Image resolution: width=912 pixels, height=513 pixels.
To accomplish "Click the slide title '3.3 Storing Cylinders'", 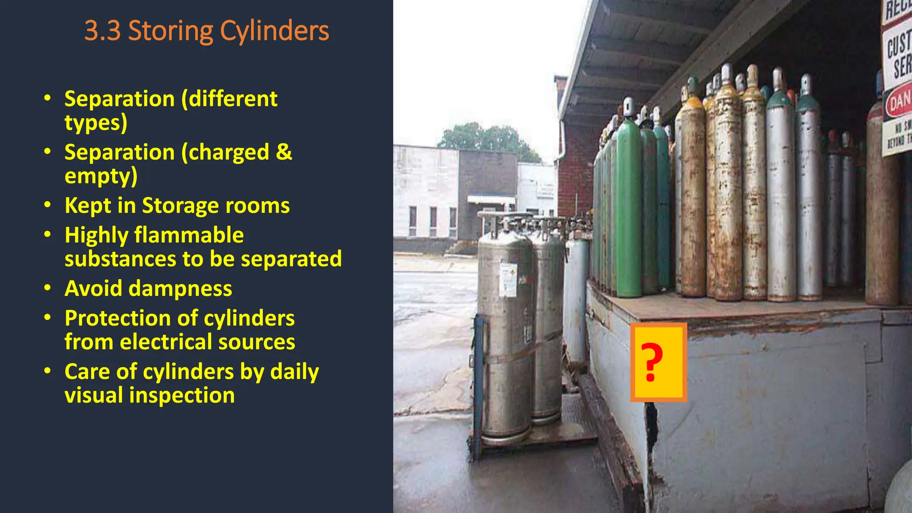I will (x=207, y=31).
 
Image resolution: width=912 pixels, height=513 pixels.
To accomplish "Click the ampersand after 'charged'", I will (x=284, y=152).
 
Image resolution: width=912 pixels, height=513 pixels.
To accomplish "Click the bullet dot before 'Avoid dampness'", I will (x=48, y=288).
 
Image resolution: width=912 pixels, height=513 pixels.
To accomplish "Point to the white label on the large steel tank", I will (x=508, y=280).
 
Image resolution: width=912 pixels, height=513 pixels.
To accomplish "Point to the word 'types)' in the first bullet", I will (x=96, y=123).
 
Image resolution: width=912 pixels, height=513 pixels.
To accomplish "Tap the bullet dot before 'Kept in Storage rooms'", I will (x=48, y=205).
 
